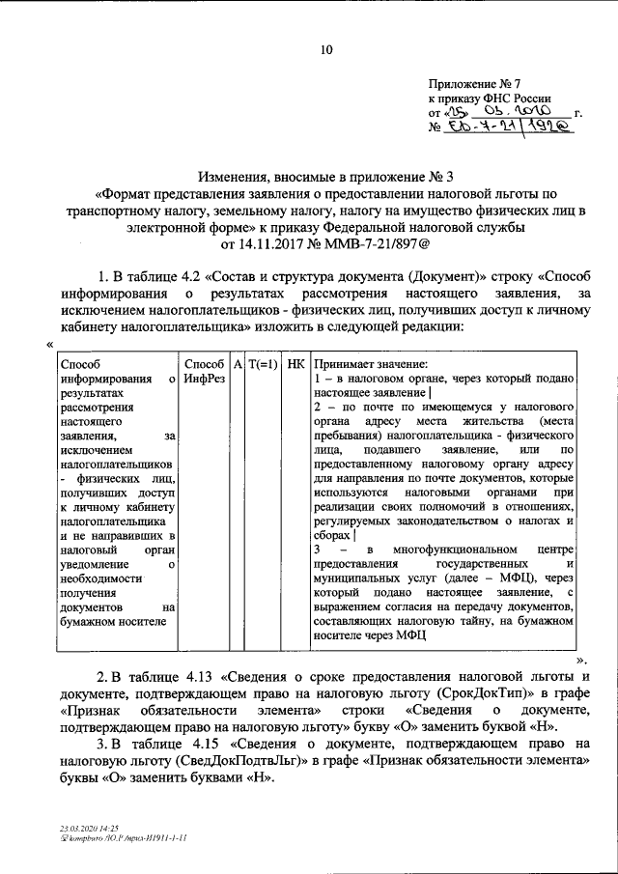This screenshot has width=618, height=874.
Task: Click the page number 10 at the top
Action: point(326,50)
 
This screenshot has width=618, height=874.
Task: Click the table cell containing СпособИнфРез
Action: point(203,371)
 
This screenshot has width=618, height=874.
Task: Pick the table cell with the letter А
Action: point(238,364)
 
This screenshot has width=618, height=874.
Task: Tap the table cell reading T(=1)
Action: point(263,364)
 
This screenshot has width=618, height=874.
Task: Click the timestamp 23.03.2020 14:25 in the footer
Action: point(87,828)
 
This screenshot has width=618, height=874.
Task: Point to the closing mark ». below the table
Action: point(582,659)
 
